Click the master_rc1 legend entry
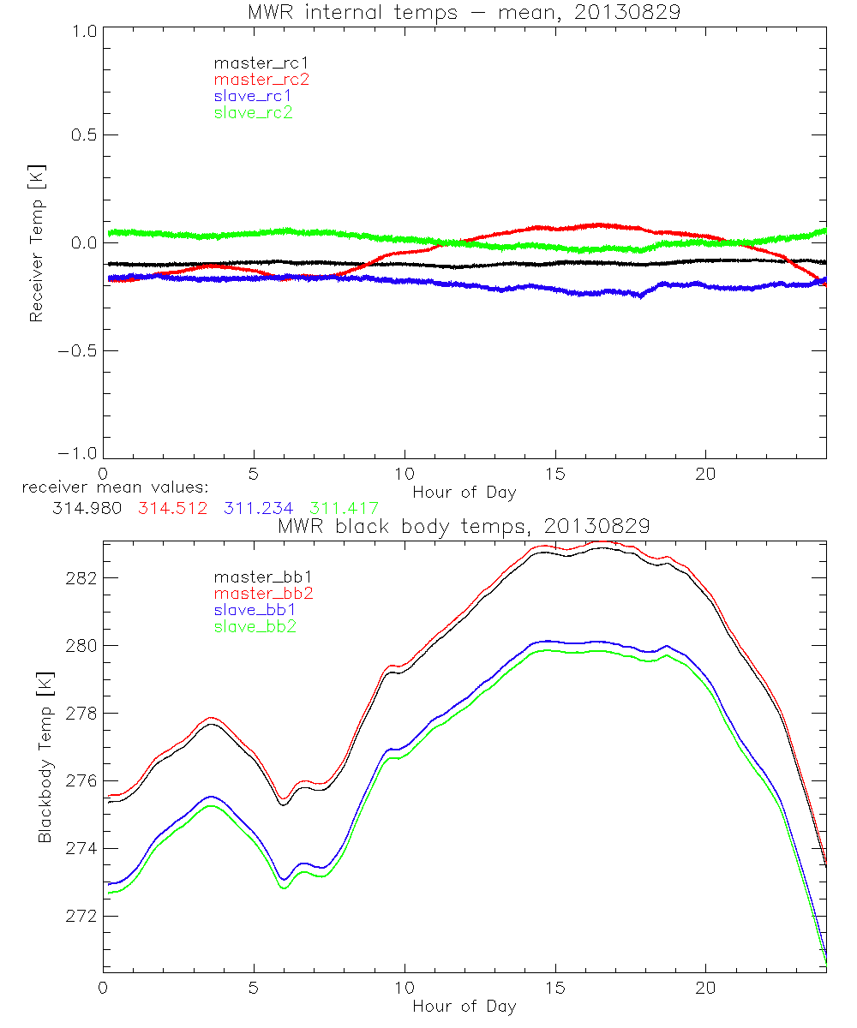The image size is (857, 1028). click(x=253, y=63)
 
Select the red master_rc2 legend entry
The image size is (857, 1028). click(x=261, y=79)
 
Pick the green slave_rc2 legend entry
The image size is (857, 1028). click(x=252, y=112)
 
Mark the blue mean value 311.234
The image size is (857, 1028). click(x=259, y=508)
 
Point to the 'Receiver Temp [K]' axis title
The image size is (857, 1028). click(x=36, y=242)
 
